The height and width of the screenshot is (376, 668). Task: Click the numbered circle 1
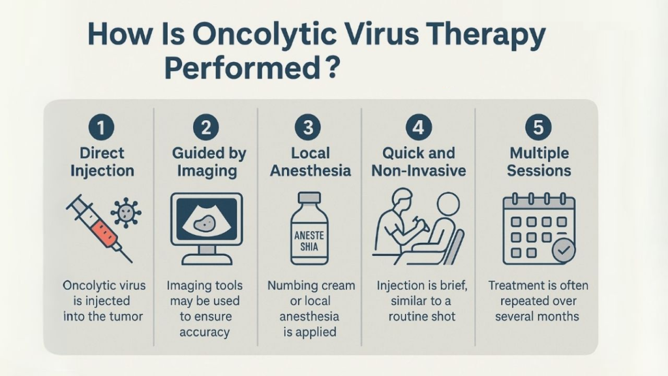click(x=101, y=127)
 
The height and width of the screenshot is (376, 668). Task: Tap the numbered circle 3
click(x=308, y=127)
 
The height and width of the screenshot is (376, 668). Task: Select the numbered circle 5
click(x=538, y=127)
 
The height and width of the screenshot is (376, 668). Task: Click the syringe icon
click(x=99, y=228)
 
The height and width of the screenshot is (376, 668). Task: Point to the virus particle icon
click(x=126, y=212)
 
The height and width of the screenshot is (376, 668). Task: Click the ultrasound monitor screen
click(x=207, y=219)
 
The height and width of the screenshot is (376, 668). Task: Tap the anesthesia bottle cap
click(x=309, y=198)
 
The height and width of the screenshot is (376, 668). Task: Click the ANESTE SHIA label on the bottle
click(x=309, y=241)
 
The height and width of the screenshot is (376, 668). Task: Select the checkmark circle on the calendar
click(x=564, y=250)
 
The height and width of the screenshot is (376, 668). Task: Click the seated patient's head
click(x=448, y=204)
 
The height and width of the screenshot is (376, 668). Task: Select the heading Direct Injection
click(x=102, y=162)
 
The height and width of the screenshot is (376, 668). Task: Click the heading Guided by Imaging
click(x=209, y=162)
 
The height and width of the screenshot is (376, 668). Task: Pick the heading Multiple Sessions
click(x=539, y=162)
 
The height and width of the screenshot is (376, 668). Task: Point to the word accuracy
click(x=204, y=332)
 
